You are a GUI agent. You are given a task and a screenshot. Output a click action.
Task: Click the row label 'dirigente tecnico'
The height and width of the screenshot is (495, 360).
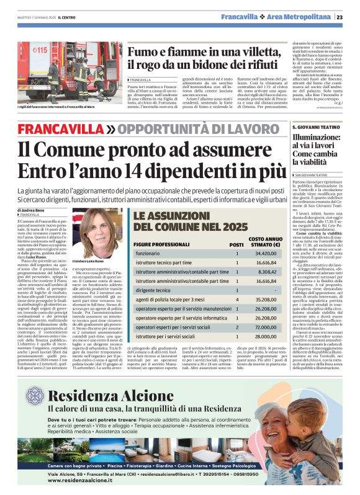click(x=155, y=290)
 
